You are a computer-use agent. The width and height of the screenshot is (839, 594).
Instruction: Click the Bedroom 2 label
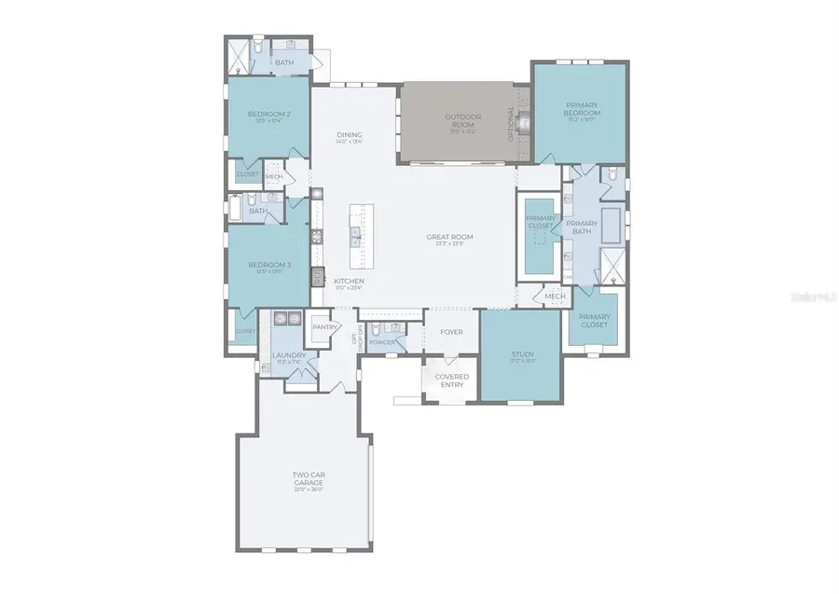[268, 115]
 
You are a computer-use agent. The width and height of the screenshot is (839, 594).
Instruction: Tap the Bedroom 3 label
[268, 265]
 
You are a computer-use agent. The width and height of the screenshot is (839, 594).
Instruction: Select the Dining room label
[350, 135]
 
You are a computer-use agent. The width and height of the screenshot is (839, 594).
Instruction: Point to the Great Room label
[449, 237]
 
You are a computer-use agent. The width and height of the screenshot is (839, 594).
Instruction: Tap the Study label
[521, 354]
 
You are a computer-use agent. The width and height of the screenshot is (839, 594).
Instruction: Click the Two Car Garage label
[307, 478]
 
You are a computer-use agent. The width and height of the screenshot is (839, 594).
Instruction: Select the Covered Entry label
[452, 379]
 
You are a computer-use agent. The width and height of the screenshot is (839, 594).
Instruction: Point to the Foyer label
[451, 332]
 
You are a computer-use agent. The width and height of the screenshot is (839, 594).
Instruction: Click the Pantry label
[324, 327]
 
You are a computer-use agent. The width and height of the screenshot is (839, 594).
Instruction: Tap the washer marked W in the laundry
[279, 319]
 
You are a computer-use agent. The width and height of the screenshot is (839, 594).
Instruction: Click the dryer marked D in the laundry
[294, 319]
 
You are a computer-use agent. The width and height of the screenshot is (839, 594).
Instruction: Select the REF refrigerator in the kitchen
[317, 275]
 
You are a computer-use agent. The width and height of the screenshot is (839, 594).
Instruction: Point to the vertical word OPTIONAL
[511, 120]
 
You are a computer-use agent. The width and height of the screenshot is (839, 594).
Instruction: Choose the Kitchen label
[349, 281]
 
